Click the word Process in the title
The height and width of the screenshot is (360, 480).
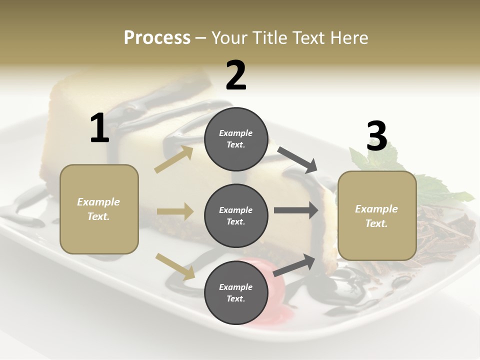point(157,38)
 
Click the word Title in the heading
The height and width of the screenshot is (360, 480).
point(270,38)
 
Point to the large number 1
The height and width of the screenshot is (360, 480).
point(99,128)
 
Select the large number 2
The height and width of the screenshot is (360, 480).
point(236,75)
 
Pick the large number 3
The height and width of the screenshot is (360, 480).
point(376,136)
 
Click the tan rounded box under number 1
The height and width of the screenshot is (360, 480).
point(99,209)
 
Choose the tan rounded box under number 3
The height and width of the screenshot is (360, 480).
point(377,216)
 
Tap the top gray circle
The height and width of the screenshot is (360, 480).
point(236,139)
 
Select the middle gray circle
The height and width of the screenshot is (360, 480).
point(236,215)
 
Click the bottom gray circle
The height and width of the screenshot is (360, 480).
point(236,292)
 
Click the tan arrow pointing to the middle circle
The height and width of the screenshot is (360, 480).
point(175,211)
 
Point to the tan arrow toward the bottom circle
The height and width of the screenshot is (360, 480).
point(175,266)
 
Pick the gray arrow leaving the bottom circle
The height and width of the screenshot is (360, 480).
point(294,265)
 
